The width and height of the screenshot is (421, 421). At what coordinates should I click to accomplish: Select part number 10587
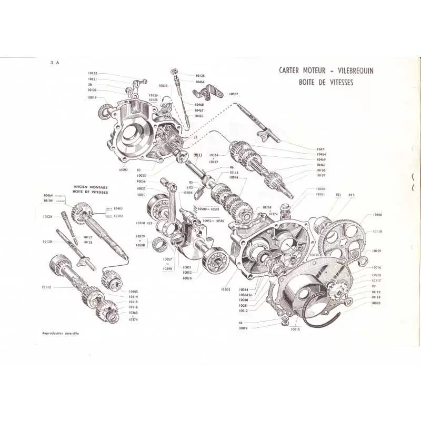(234, 93)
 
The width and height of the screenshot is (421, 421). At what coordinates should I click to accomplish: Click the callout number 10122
(92, 73)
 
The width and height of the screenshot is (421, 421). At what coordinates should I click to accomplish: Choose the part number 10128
(200, 76)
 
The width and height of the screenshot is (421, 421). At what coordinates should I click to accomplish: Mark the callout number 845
(352, 195)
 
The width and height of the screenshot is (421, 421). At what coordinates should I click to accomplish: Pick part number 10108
(377, 215)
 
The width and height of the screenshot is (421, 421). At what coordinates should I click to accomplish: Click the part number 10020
(376, 303)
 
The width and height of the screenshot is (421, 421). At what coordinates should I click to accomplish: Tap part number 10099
(243, 328)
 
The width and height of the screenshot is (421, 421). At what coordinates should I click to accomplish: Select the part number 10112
(47, 287)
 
